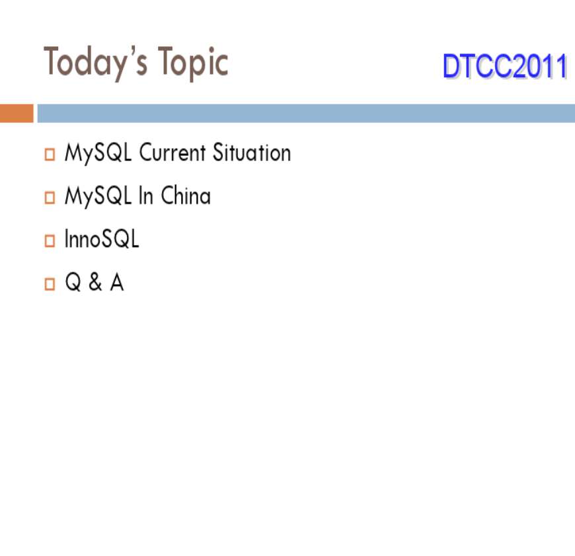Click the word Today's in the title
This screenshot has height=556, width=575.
[x=96, y=63]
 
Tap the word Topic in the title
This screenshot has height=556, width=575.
[x=193, y=63]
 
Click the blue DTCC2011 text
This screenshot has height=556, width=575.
[x=505, y=66]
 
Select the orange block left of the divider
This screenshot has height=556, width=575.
[x=17, y=113]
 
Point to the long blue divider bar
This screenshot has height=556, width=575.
[x=306, y=113]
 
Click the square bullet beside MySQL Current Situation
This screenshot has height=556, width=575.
[x=50, y=155]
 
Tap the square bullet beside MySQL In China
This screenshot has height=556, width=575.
[x=50, y=197]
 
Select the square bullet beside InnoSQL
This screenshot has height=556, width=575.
[x=50, y=240]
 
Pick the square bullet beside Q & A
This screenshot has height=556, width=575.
[x=50, y=284]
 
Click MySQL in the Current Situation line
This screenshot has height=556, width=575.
[x=98, y=153]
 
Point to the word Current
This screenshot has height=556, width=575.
[x=172, y=152]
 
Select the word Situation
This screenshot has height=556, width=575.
[x=252, y=152]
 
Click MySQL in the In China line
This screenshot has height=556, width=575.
[x=98, y=196]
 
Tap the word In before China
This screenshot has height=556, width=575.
[x=145, y=195]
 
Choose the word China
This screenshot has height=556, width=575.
[x=186, y=195]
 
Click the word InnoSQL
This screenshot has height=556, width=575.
[x=102, y=238]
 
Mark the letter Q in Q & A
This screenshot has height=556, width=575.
[x=73, y=282]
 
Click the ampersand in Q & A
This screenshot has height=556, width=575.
[x=95, y=282]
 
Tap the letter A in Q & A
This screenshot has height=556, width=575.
[x=117, y=282]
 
